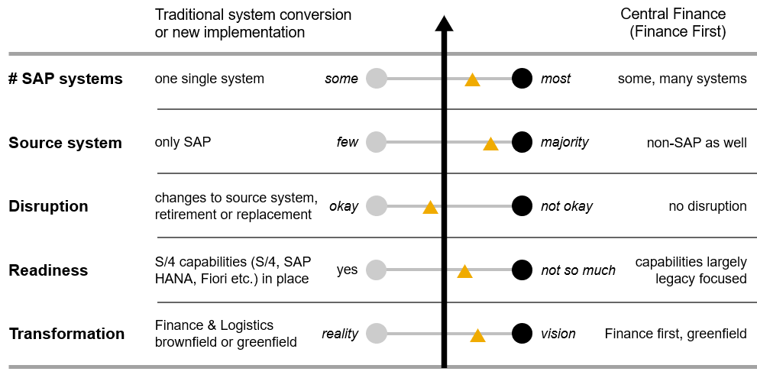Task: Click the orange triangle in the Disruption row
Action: click(430, 208)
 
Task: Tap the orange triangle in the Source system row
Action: click(490, 144)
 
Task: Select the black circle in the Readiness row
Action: click(522, 270)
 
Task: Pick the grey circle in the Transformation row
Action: click(376, 334)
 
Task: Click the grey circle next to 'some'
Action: click(376, 78)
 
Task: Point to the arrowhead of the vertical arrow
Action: click(444, 23)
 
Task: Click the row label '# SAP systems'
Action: click(65, 79)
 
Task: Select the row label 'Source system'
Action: click(65, 143)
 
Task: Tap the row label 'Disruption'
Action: click(48, 206)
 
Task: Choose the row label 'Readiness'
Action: click(48, 270)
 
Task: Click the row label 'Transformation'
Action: click(66, 334)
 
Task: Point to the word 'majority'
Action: click(565, 142)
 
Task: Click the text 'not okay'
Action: click(567, 206)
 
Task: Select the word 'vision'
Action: click(558, 334)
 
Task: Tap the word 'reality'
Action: click(340, 334)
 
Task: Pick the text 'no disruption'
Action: click(707, 206)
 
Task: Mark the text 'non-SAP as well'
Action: click(696, 142)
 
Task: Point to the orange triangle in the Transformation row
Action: click(477, 335)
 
